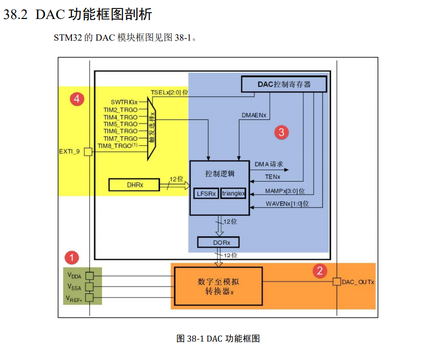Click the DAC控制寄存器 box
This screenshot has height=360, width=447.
[x=284, y=84]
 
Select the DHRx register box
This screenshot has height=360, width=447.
[x=135, y=185]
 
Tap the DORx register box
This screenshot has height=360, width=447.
[x=218, y=242]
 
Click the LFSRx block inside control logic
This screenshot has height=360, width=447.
[x=206, y=194]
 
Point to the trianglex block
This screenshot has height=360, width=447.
[x=233, y=194]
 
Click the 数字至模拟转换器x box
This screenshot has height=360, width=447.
[x=219, y=286]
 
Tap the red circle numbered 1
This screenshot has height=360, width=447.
[x=71, y=258]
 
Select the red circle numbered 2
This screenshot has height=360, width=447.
[x=319, y=271]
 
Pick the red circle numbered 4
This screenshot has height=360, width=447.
[x=78, y=99]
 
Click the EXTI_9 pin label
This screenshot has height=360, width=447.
[x=69, y=152]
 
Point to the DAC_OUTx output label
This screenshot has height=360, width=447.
[x=358, y=282]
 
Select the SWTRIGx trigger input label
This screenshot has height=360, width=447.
[x=124, y=102]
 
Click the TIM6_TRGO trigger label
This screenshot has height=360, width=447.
[x=120, y=131]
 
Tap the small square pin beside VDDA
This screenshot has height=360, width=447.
[x=89, y=276]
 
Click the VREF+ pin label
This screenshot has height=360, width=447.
[x=74, y=298]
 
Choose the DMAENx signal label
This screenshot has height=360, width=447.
[x=254, y=115]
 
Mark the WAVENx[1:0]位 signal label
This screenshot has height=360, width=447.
[x=287, y=203]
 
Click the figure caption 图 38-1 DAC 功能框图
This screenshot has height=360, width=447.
[x=218, y=338]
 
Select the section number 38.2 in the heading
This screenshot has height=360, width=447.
[x=15, y=15]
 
